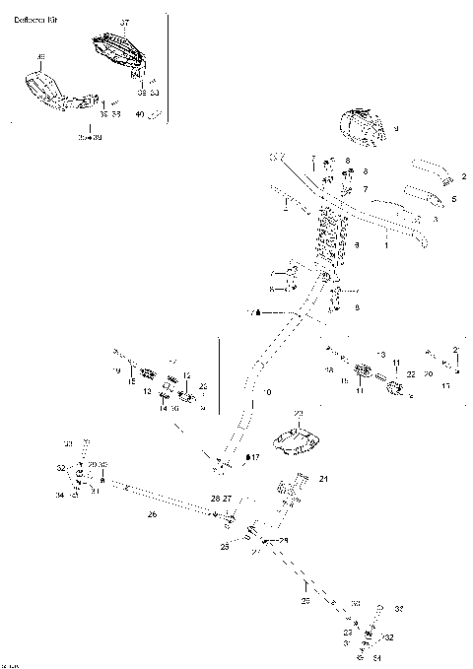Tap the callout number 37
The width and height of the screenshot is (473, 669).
[124, 22]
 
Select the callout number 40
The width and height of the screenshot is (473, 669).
[139, 114]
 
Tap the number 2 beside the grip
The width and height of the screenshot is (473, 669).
[463, 178]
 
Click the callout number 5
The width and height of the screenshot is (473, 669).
[454, 198]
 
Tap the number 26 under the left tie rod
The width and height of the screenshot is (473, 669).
[151, 513]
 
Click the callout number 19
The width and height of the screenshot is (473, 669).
[115, 371]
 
